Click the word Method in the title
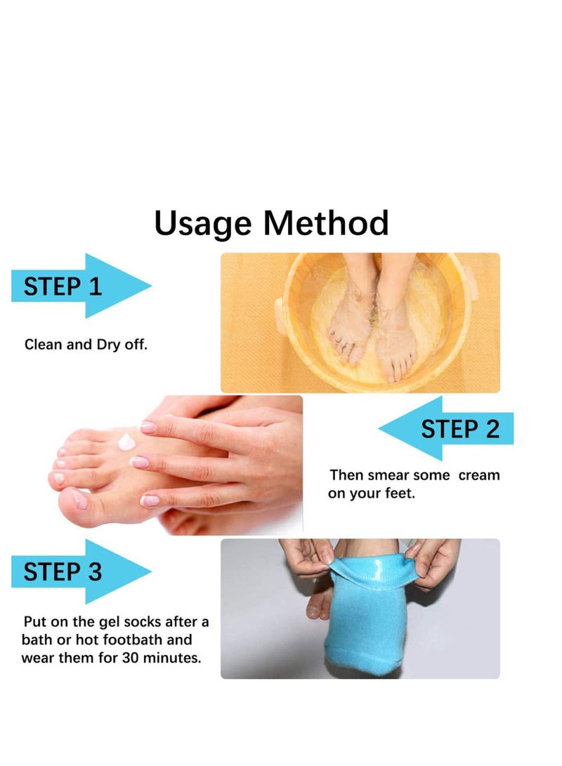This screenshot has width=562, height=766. click(325, 223)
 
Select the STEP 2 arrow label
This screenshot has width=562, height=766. click(459, 428)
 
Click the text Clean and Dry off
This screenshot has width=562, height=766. click(86, 345)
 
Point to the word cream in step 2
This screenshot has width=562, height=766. click(479, 475)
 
